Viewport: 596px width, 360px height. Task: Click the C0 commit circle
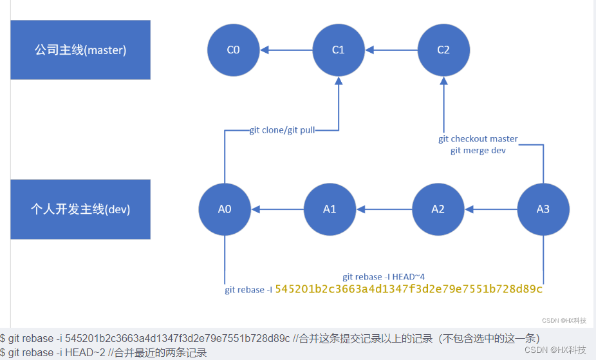point(234,50)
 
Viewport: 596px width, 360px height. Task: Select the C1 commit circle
point(339,50)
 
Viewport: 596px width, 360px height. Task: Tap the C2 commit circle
point(443,50)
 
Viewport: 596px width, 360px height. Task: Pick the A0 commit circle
point(225,209)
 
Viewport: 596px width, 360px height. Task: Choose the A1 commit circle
point(330,209)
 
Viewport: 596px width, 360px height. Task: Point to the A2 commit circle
point(438,209)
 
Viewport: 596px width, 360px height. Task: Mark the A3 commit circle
point(543,209)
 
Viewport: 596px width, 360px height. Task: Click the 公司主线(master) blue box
point(80,50)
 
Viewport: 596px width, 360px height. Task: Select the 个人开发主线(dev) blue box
point(80,209)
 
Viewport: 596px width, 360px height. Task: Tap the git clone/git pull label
point(282,130)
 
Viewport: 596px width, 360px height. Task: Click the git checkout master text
point(478,139)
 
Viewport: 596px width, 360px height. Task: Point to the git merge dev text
point(478,151)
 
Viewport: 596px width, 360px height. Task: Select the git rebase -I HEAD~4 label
point(384,277)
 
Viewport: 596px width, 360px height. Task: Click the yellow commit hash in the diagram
point(409,289)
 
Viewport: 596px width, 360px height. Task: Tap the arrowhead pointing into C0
point(264,50)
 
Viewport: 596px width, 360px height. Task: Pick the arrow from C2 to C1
point(391,50)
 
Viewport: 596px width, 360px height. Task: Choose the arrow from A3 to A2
point(490,209)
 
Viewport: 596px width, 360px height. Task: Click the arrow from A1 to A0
point(277,209)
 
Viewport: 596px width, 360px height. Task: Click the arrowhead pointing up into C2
point(443,81)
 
